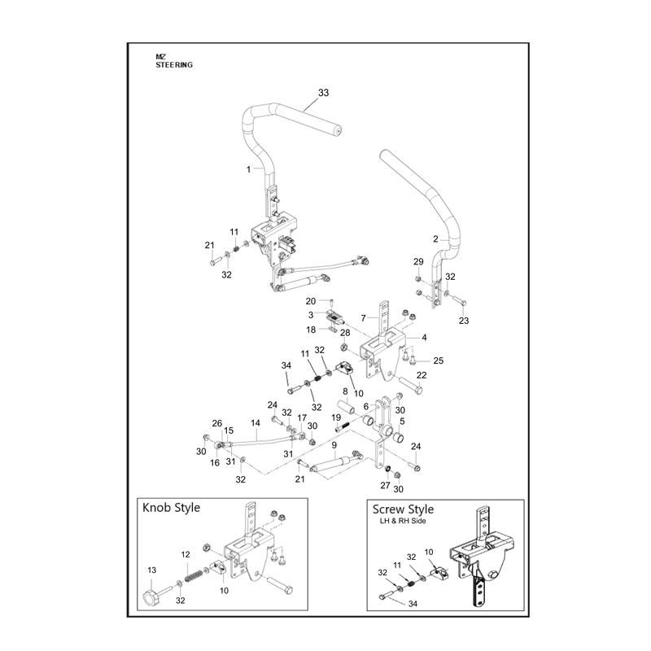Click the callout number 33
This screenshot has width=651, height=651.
point(323,93)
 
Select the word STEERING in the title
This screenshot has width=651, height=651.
point(174,65)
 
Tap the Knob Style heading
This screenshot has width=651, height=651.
point(171,507)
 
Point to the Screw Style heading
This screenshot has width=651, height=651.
point(403,509)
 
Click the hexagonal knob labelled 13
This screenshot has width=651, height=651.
point(150,598)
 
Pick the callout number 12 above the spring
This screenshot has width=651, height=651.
point(186,554)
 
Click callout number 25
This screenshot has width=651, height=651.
point(439,360)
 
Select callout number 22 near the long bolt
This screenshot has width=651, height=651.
point(422,375)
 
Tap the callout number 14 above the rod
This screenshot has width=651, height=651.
point(256,422)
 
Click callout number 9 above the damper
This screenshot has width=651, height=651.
point(334,445)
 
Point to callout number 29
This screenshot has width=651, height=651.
point(418,261)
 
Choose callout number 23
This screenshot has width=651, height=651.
point(464,321)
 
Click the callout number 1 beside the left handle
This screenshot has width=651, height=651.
point(249,169)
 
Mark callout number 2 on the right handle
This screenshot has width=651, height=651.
point(435,238)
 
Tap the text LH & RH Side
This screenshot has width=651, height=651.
point(403,521)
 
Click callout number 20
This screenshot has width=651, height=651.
point(311,301)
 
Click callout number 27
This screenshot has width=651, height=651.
point(385,485)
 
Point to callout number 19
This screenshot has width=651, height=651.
point(336,417)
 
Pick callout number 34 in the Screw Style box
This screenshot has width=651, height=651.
point(413,604)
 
